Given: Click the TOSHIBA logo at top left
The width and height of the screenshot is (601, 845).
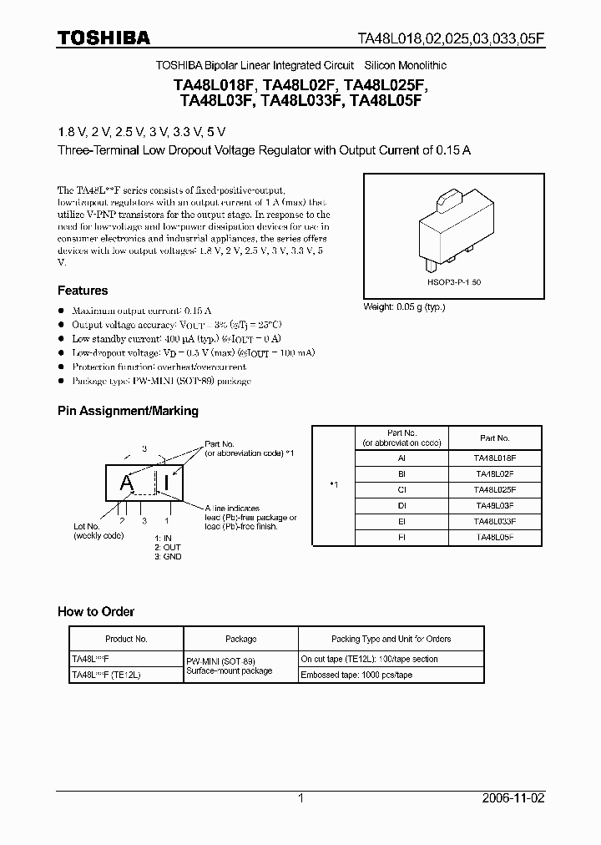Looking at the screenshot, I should coord(104,38).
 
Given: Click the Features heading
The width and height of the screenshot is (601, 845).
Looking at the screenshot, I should coord(83,291).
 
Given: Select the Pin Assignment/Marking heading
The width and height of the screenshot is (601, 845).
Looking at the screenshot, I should coord(128,411).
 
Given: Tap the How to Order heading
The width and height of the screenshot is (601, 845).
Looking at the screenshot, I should coord(96,611).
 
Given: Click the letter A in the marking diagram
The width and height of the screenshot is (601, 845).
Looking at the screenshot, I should coord(127,482).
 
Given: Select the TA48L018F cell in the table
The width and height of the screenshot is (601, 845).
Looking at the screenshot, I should coord(495,458).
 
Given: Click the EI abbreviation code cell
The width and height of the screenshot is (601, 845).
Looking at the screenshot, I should coord(402,519).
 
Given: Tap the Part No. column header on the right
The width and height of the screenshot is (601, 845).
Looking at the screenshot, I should coord(495,438).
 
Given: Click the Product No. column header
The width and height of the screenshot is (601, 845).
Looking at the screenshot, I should coord(126,639).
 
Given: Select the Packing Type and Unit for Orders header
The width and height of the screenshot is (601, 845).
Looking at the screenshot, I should coord(403,639).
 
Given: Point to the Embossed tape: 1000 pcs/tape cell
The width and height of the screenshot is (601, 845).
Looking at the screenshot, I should coord(357,674).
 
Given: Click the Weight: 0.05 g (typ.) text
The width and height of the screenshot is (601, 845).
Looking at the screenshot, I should coord(404,306).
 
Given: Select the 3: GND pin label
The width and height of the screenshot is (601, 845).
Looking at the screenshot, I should coord(167,556).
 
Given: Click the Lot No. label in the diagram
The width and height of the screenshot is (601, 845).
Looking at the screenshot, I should coord(86,527).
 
